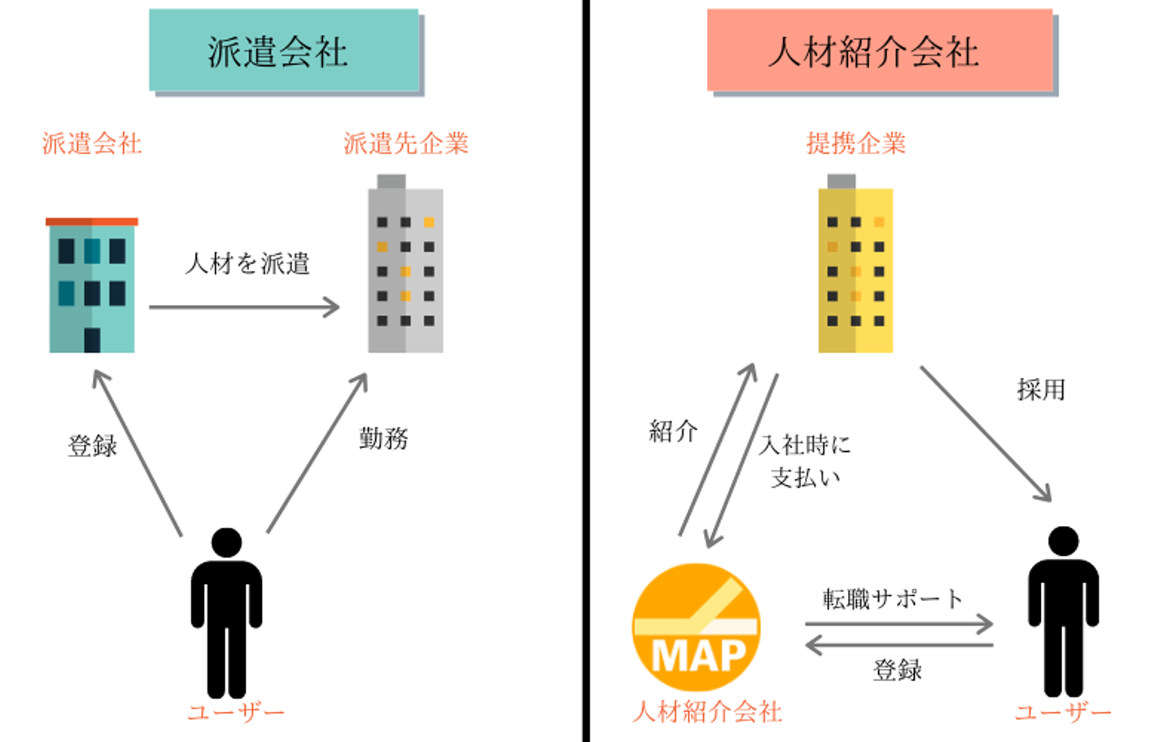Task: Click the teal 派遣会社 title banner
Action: click(283, 50)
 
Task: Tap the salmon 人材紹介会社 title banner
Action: click(879, 50)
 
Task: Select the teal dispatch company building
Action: click(92, 285)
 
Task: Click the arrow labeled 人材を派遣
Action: click(244, 307)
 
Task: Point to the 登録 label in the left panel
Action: click(93, 446)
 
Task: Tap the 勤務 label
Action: click(383, 438)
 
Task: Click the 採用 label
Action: click(1041, 389)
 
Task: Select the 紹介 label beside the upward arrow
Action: click(673, 431)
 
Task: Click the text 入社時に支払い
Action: click(805, 460)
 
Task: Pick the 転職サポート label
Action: click(893, 599)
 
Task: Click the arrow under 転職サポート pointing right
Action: click(899, 624)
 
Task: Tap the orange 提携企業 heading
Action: click(855, 143)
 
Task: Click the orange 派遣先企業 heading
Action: click(405, 143)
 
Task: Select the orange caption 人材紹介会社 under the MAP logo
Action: click(707, 711)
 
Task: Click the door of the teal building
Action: click(92, 339)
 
